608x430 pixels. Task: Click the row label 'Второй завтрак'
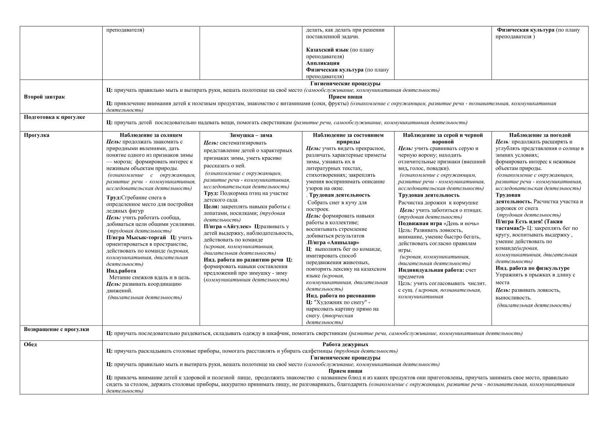pyautogui.click(x=44, y=97)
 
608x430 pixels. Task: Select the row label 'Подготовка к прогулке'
pyautogui.click(x=54, y=117)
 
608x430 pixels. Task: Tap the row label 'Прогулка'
pyautogui.click(x=36, y=135)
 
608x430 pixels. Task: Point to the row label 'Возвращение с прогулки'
pyautogui.click(x=56, y=330)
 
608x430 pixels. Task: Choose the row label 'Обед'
pyautogui.click(x=30, y=344)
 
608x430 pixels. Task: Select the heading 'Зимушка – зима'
pyautogui.click(x=251, y=135)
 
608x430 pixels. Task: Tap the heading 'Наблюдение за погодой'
pyautogui.click(x=540, y=135)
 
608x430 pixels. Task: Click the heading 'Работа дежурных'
pyautogui.click(x=345, y=344)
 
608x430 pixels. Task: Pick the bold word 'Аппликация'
pyautogui.click(x=323, y=63)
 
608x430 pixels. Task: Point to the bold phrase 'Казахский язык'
pyautogui.click(x=327, y=50)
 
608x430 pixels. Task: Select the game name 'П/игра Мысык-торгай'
pyautogui.click(x=136, y=237)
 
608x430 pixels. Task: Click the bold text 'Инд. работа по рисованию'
pyautogui.click(x=341, y=296)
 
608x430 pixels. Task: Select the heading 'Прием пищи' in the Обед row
pyautogui.click(x=345, y=371)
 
